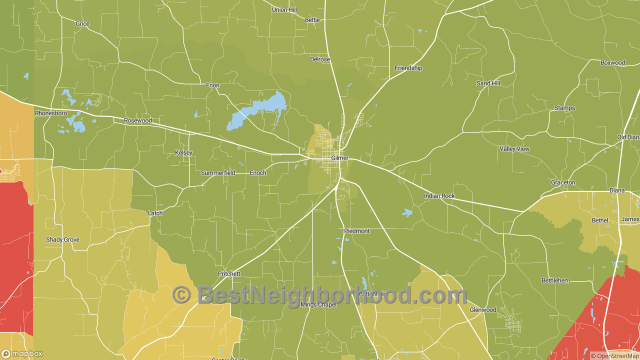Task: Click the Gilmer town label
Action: [x=339, y=158]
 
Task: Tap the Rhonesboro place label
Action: [x=50, y=113]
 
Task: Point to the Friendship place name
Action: [x=408, y=68]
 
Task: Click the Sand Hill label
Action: [x=488, y=83]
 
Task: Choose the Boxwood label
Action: [x=612, y=63]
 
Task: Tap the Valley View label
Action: [x=514, y=149]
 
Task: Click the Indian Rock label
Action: [x=439, y=196]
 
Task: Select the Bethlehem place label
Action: [x=555, y=280]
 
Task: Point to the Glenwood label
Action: [x=482, y=310]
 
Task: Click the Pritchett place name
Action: [x=229, y=273]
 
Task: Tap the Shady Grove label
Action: [x=62, y=240]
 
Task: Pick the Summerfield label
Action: [x=218, y=173]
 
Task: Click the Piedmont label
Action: [x=356, y=231]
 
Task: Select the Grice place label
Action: [x=82, y=24]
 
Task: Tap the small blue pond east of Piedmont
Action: [x=407, y=213]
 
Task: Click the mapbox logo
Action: [x=22, y=354]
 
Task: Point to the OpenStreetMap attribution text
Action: [x=614, y=356]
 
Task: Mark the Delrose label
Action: [x=320, y=59]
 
